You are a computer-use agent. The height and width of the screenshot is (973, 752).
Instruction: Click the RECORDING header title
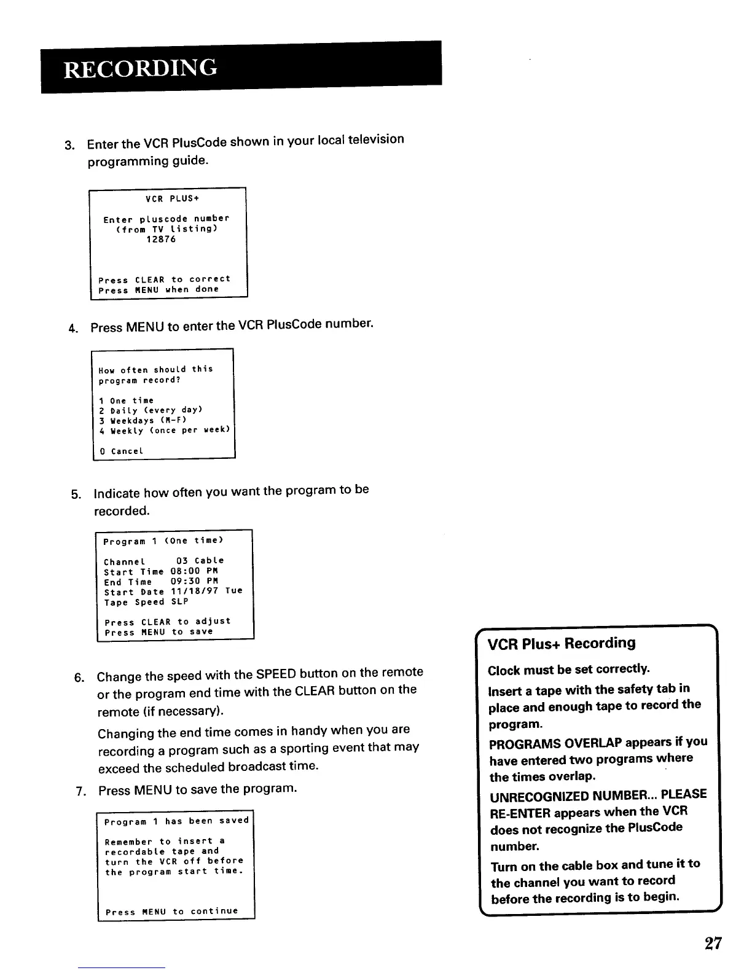(140, 67)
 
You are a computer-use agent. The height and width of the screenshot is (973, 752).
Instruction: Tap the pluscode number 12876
(160, 239)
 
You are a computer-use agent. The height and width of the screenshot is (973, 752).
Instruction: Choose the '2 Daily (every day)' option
(151, 410)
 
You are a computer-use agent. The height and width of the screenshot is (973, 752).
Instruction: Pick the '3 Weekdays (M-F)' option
(143, 421)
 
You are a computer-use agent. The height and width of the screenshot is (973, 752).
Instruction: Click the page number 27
(713, 944)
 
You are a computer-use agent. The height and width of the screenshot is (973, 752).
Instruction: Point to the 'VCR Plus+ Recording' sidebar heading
(561, 643)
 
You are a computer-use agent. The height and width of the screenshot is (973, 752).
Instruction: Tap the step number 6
(78, 678)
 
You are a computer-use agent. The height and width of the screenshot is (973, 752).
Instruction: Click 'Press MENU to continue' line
(171, 912)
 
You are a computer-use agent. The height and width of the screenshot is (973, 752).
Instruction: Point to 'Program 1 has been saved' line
(176, 821)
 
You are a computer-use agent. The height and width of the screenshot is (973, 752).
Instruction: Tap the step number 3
(69, 146)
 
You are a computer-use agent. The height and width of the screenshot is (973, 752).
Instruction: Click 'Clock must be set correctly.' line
(569, 669)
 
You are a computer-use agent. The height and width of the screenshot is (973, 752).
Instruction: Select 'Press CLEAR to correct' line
(165, 279)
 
